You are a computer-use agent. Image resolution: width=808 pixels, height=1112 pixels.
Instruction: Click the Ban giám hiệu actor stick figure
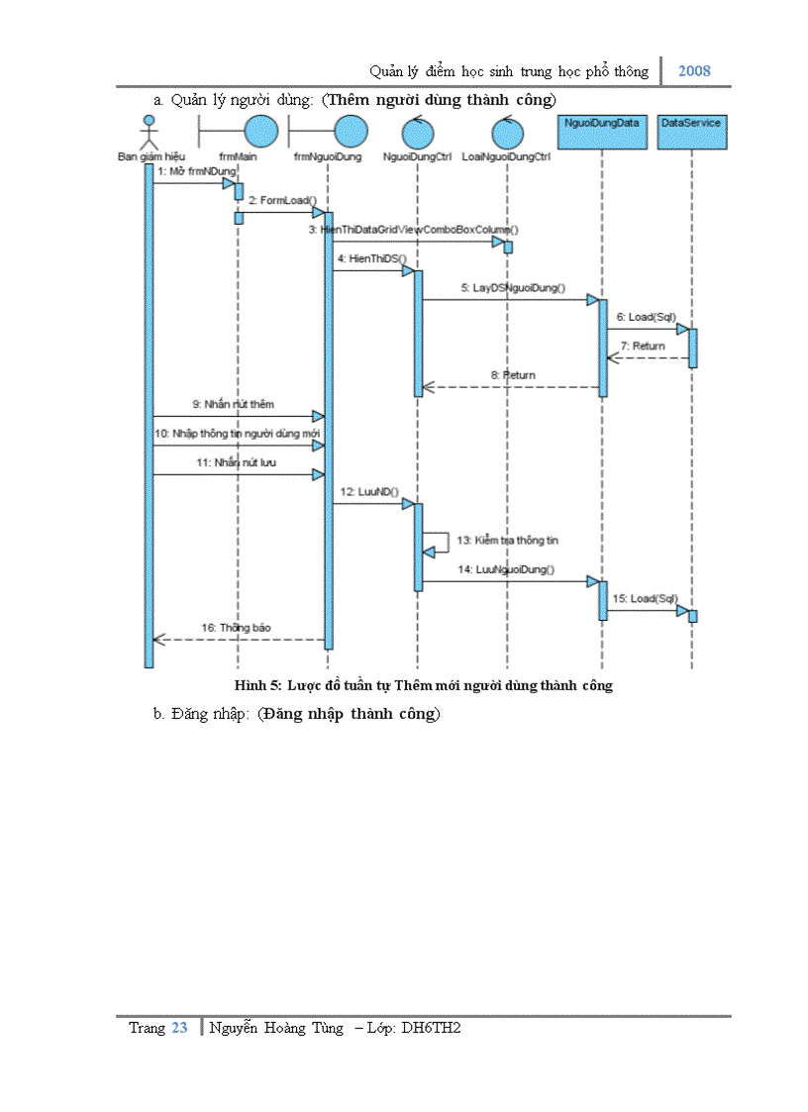(x=149, y=132)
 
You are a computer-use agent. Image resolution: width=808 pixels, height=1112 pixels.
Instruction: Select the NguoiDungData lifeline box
(x=602, y=131)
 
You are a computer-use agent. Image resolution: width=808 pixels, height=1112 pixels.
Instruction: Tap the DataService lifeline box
(x=691, y=131)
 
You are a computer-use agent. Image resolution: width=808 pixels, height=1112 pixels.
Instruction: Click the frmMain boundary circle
(x=260, y=131)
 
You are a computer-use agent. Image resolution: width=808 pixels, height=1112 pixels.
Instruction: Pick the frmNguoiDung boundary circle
(x=350, y=131)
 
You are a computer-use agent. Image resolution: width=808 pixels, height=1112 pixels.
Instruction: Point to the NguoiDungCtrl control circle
(x=417, y=133)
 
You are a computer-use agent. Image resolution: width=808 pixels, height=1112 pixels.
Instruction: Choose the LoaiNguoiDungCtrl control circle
(x=507, y=133)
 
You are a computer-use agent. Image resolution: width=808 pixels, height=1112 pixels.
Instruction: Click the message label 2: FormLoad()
(x=275, y=200)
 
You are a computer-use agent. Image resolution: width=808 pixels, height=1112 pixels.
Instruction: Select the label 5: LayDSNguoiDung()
(x=512, y=288)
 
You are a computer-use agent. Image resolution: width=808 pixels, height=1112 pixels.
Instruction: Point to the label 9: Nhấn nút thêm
(x=234, y=405)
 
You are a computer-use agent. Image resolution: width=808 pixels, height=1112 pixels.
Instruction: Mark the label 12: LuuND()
(x=368, y=491)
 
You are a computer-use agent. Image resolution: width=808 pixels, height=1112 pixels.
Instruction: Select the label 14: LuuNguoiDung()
(x=505, y=569)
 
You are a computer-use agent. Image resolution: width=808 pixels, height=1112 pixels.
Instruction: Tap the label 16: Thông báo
(x=236, y=628)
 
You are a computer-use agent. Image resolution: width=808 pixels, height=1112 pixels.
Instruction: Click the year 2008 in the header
(x=694, y=71)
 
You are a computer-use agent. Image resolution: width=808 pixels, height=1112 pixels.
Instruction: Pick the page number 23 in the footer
(x=179, y=1028)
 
